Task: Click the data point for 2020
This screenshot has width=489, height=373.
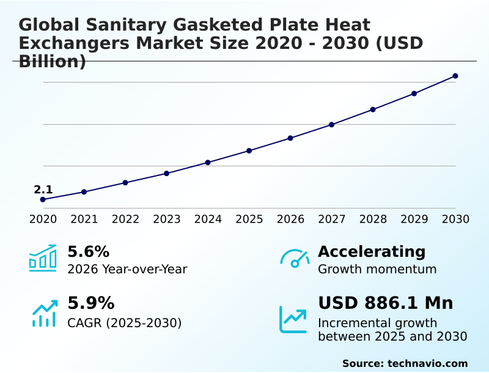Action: point(43,199)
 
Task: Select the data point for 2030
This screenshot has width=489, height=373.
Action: point(455,76)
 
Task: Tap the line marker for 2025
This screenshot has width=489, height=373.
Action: point(249,150)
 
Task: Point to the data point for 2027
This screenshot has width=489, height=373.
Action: point(331,125)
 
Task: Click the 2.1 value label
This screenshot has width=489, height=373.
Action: point(43,190)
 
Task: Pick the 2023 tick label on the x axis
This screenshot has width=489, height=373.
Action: point(166,219)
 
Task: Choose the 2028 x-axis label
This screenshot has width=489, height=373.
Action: point(373,219)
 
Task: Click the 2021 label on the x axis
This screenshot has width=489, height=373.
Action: point(84,219)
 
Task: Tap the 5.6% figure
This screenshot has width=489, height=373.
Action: point(88,251)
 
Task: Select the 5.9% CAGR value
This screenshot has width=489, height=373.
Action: point(90,303)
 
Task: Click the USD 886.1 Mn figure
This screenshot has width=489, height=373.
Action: point(385,303)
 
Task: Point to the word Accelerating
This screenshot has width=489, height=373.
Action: point(372,251)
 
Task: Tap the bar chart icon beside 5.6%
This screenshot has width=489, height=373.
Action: point(43,258)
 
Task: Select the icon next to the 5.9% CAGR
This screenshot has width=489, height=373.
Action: point(44,313)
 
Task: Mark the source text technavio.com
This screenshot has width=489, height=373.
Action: point(427,363)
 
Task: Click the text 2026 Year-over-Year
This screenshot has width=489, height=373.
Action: point(127,269)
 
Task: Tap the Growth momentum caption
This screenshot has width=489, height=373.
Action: point(377,269)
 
